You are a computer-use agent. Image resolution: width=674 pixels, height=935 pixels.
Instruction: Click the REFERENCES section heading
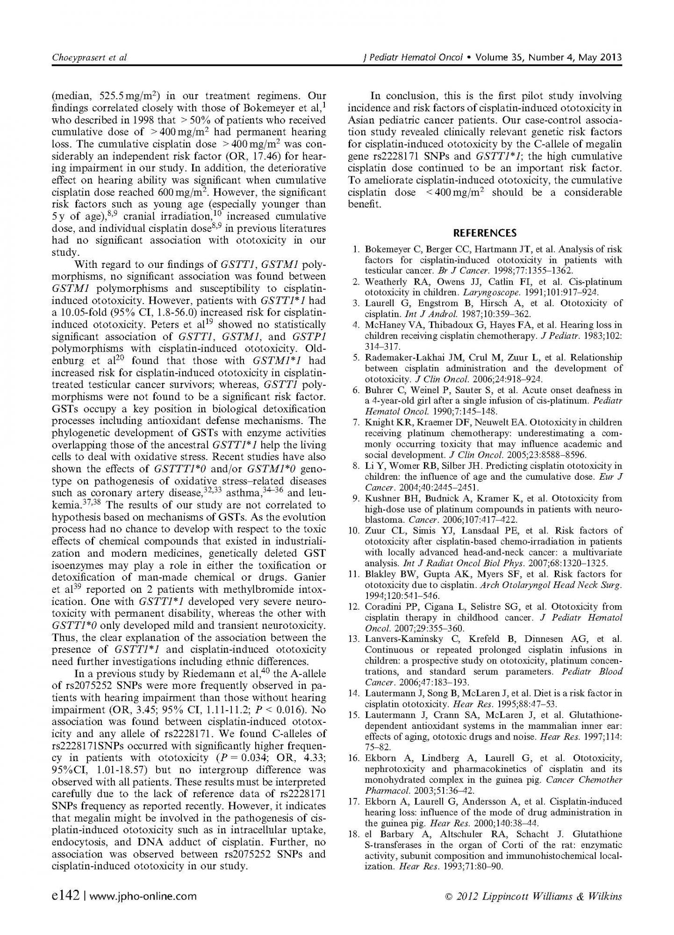pyautogui.click(x=485, y=233)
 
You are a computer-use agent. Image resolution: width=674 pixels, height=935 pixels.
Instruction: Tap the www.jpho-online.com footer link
pyautogui.click(x=143, y=896)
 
